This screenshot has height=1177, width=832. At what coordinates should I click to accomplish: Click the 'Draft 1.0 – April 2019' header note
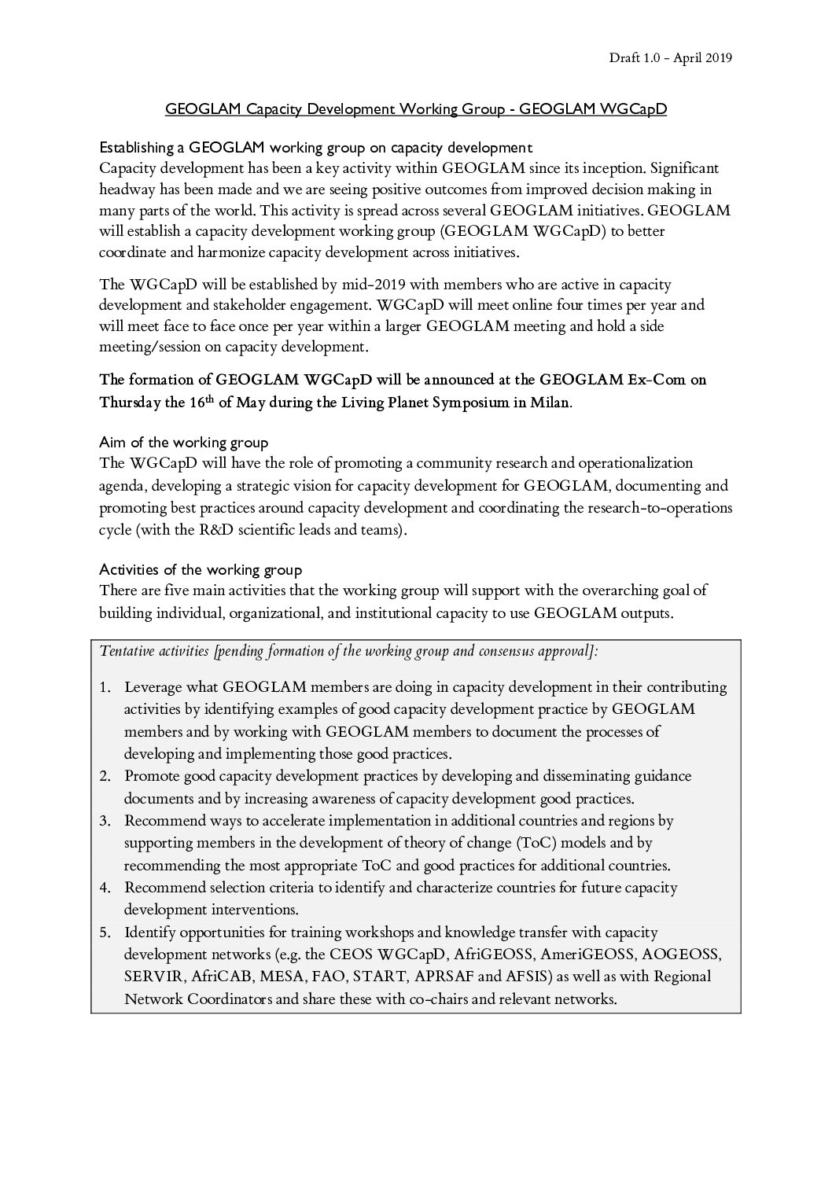click(670, 57)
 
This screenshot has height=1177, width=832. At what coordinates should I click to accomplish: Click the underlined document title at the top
click(415, 109)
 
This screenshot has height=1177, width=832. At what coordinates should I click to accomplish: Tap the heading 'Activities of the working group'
click(201, 569)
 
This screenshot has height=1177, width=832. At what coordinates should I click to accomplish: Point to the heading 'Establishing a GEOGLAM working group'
click(315, 147)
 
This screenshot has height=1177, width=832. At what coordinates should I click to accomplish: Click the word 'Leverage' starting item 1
click(153, 687)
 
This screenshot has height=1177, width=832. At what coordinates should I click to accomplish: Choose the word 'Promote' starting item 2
click(152, 776)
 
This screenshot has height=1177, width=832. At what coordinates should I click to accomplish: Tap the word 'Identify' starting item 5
click(149, 932)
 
